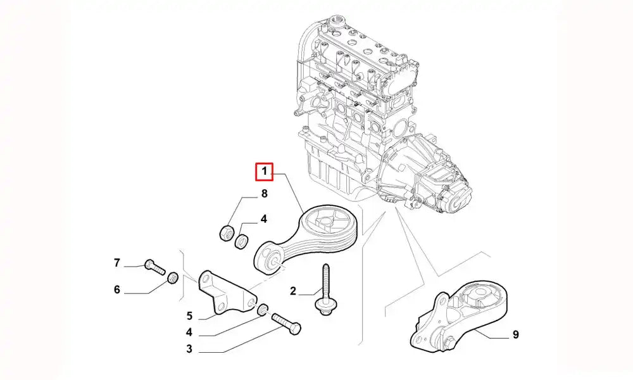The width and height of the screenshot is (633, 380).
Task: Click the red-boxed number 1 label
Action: tap(264, 171)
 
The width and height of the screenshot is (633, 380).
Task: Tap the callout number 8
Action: tap(264, 194)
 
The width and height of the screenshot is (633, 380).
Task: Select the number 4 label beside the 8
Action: tap(264, 219)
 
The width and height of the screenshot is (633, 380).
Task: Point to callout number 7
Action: tap(116, 263)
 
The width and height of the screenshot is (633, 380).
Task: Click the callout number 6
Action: tap(116, 289)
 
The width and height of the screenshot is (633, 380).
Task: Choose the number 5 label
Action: tap(189, 316)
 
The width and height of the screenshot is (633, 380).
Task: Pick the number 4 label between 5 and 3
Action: tap(189, 332)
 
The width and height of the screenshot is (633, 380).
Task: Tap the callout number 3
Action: tap(189, 348)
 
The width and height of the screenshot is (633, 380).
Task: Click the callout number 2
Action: tap(292, 291)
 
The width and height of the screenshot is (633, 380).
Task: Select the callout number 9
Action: tap(515, 335)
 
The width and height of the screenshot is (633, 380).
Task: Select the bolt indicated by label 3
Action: tap(286, 323)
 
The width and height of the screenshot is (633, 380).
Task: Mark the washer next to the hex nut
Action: tap(241, 241)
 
